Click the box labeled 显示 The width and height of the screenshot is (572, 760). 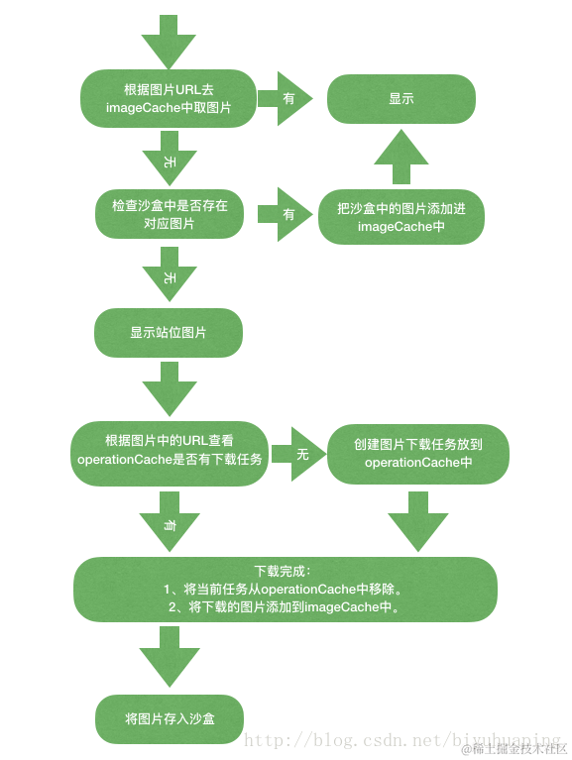[x=401, y=99]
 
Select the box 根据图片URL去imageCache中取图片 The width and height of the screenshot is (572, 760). [x=169, y=99]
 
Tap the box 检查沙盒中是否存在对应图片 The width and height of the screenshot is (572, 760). [x=169, y=215]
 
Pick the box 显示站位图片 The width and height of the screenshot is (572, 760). [x=169, y=333]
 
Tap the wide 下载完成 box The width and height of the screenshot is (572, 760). [x=286, y=590]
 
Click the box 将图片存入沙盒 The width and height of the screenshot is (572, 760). [x=169, y=718]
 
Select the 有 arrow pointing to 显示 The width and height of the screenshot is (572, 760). [x=286, y=99]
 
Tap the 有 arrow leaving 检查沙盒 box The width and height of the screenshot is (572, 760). [x=286, y=214]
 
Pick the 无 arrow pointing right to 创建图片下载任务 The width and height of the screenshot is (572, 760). [x=298, y=454]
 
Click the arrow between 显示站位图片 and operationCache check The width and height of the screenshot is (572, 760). [x=170, y=388]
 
